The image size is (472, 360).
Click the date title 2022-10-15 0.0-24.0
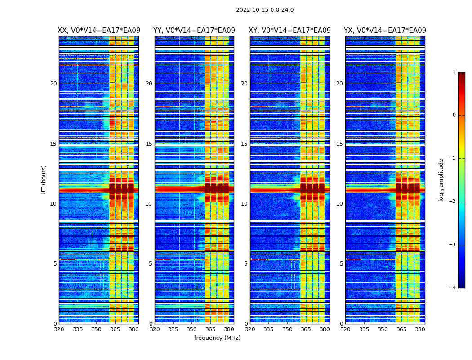coord(265,10)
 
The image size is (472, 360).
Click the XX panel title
coord(99,31)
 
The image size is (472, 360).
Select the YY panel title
coord(194,31)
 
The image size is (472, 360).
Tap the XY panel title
coord(290,31)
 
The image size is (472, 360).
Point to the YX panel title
coord(385,31)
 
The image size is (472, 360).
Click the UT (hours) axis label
coord(44,180)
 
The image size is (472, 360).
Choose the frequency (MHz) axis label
coord(217,338)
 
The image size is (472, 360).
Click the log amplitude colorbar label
coord(441,180)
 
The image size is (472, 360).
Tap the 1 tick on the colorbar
coord(454,72)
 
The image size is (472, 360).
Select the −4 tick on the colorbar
coord(453,288)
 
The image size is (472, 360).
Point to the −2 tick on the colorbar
coord(453,202)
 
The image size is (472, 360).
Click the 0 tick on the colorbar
coord(454,115)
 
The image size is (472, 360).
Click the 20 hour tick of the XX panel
coord(53,84)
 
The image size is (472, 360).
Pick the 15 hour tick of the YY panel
coord(149,144)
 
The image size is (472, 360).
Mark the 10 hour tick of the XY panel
coord(244,204)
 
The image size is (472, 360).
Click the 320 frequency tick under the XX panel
coord(59,329)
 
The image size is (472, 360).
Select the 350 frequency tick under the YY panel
coord(192,329)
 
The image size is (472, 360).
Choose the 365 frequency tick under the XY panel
coord(306,329)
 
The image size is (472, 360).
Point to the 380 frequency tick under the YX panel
coord(420,329)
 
